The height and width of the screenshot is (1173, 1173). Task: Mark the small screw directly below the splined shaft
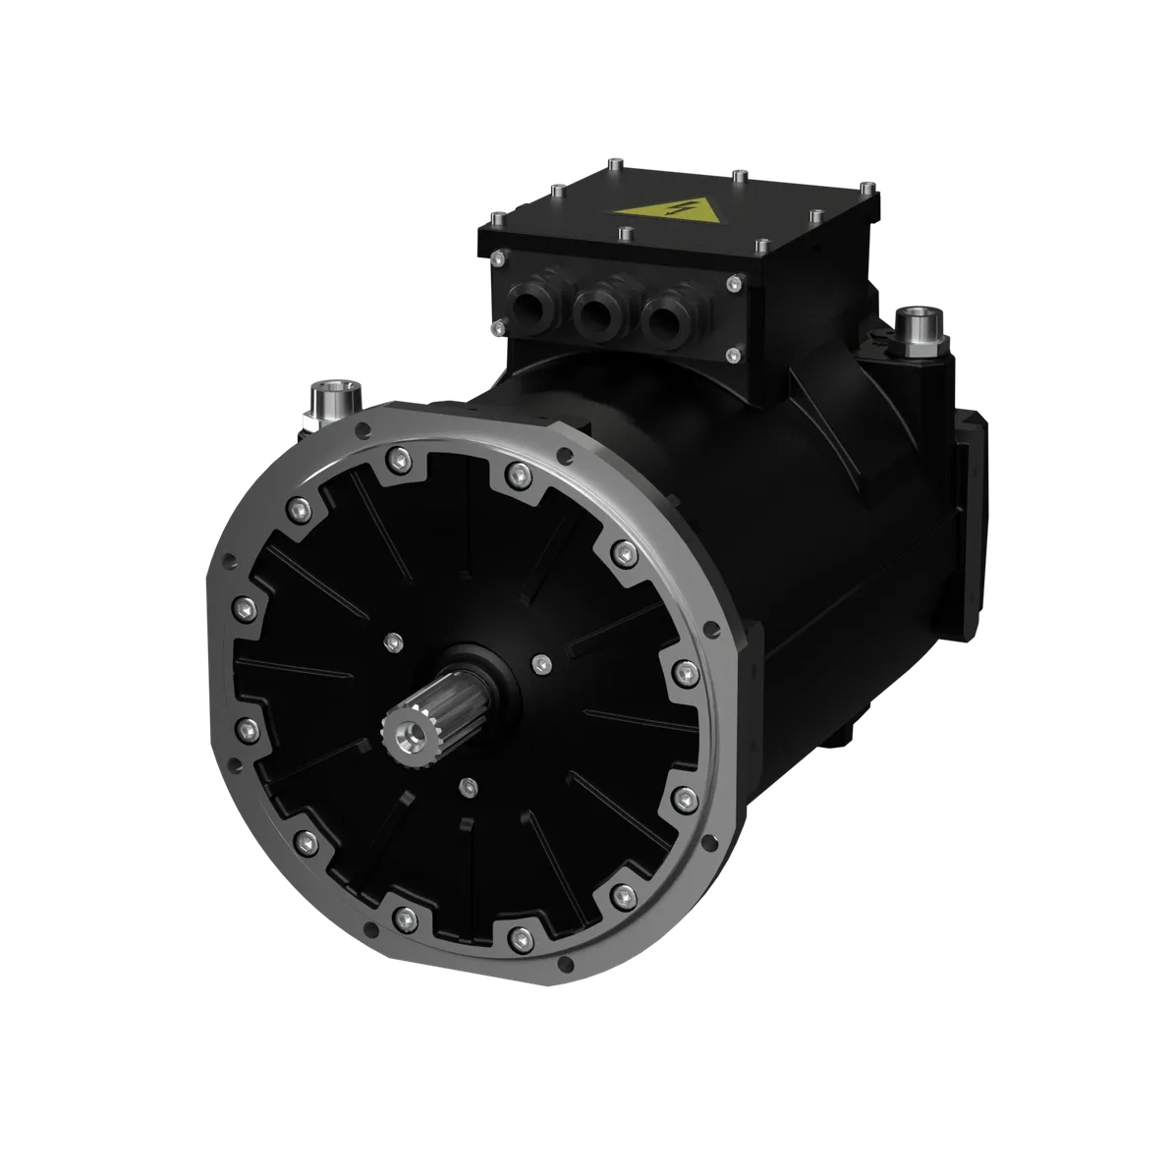click(x=469, y=786)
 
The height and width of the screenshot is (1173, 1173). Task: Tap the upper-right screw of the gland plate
click(x=733, y=284)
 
